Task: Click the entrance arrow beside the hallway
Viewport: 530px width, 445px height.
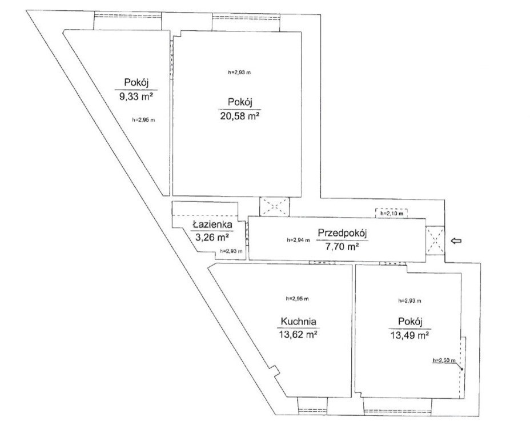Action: (457, 240)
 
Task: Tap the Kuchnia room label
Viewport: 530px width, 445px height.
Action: (299, 321)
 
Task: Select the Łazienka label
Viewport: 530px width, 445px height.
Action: (212, 224)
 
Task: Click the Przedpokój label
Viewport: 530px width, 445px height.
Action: (343, 233)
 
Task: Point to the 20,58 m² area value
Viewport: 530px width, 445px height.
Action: (240, 117)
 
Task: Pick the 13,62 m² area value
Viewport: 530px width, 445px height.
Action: (298, 335)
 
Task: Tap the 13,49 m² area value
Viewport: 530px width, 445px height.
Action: (409, 335)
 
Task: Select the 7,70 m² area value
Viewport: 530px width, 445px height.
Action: (342, 247)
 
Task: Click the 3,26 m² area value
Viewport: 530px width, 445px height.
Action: (212, 237)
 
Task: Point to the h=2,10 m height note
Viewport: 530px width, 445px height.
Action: (391, 214)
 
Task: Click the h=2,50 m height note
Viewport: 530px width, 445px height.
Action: (444, 360)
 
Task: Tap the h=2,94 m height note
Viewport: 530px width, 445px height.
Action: (298, 240)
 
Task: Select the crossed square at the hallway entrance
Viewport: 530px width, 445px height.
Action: (435, 240)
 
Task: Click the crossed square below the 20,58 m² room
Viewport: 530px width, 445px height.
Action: (274, 207)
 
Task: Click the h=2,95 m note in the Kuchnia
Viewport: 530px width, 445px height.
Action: (297, 299)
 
